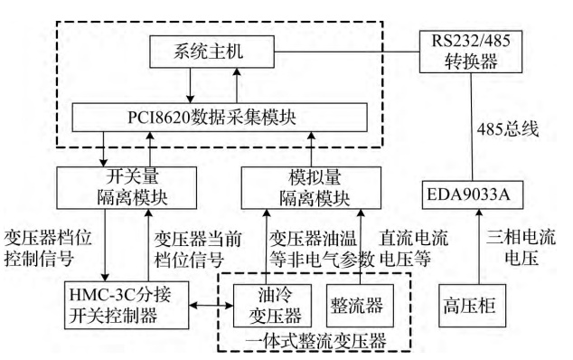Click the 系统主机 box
click(x=212, y=52)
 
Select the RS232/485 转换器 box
click(x=471, y=52)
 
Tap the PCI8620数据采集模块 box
click(x=220, y=118)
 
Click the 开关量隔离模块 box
click(x=127, y=188)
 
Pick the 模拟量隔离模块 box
click(x=311, y=188)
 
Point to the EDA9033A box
click(x=473, y=195)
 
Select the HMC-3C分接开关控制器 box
click(x=127, y=305)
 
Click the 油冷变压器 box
click(x=272, y=306)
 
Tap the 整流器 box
click(x=360, y=306)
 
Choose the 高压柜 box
click(x=472, y=306)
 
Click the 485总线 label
click(x=508, y=129)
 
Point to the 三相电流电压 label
click(x=521, y=248)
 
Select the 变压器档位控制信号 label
click(x=48, y=249)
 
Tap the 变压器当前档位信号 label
click(x=197, y=250)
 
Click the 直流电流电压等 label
click(x=413, y=249)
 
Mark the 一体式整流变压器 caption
click(x=315, y=341)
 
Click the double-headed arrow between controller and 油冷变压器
click(x=211, y=305)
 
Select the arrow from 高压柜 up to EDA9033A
click(x=479, y=247)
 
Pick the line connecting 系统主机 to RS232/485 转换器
click(x=347, y=52)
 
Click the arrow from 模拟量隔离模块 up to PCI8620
click(x=311, y=149)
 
